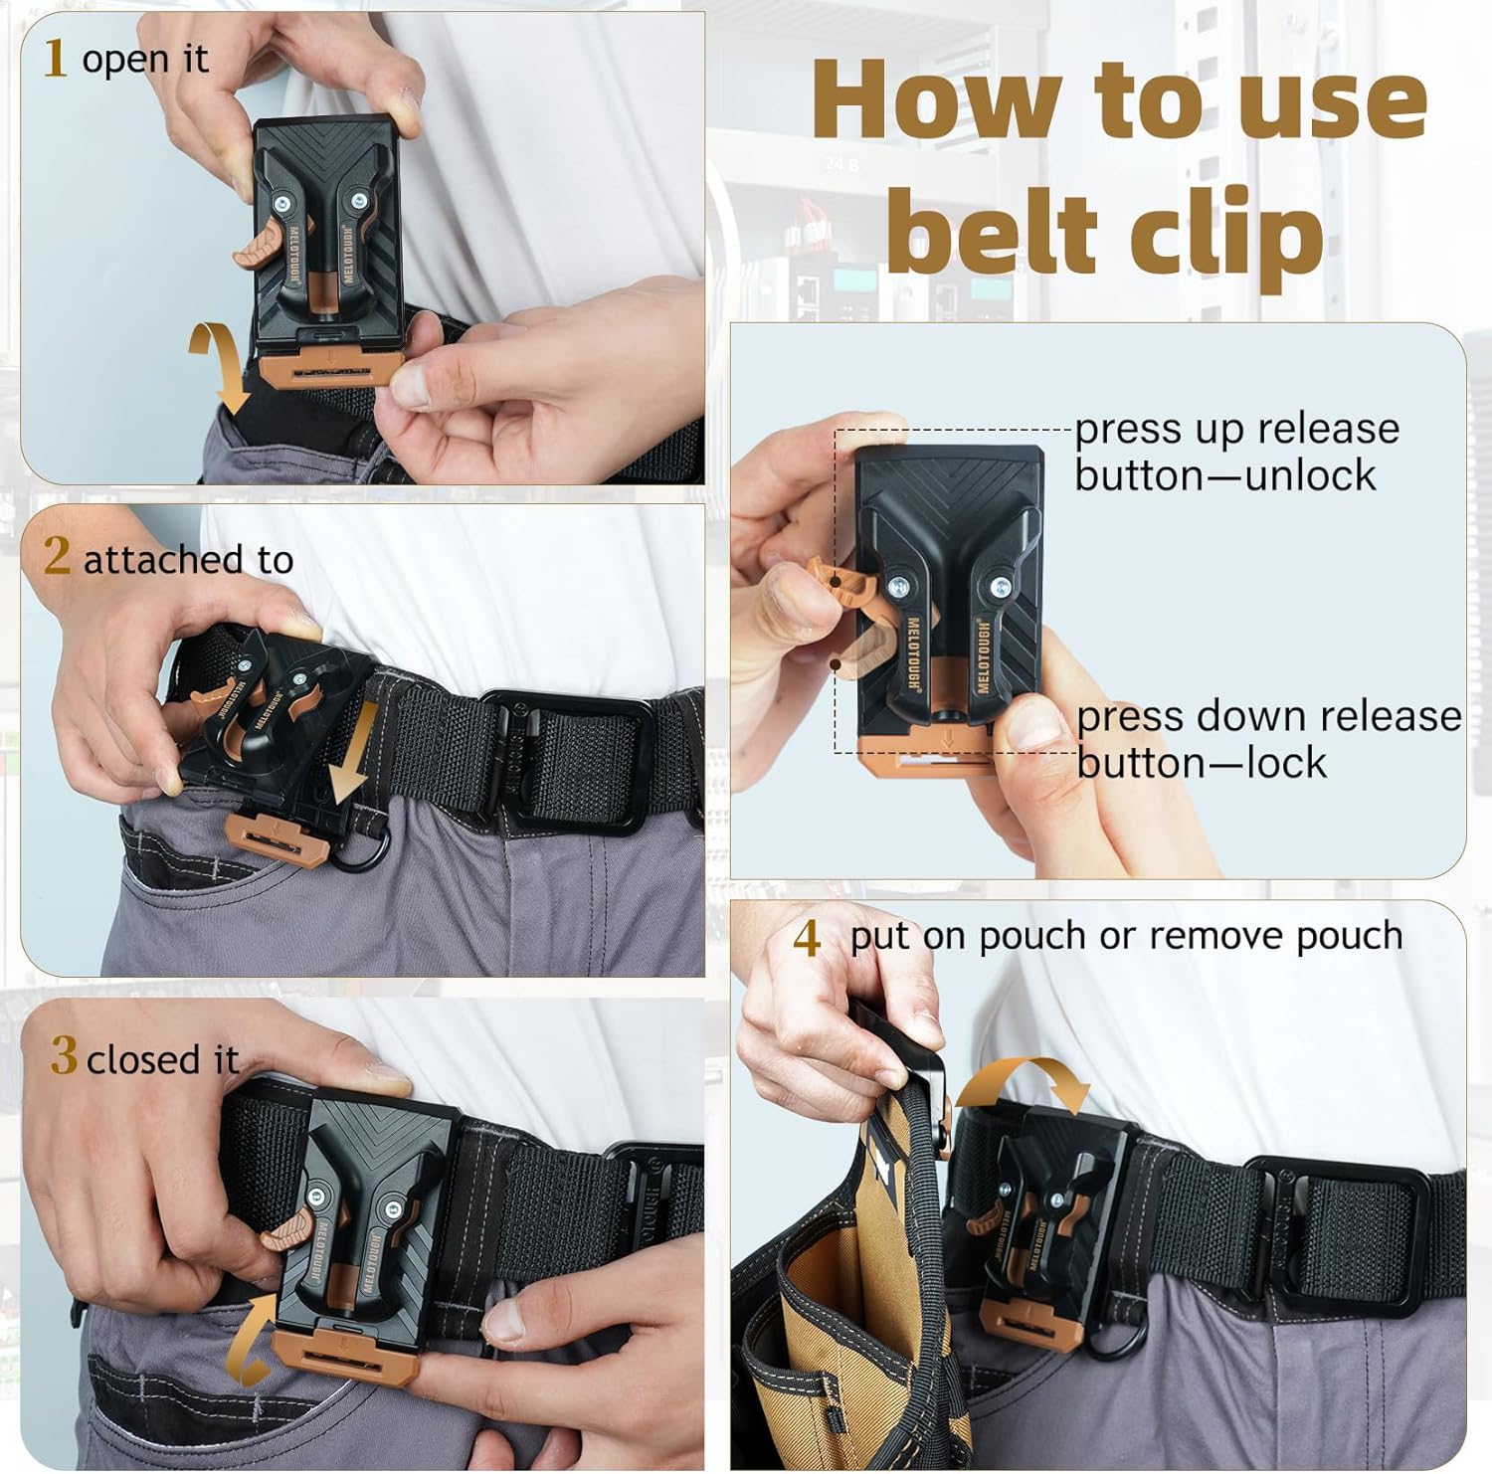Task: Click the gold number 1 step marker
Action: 55,58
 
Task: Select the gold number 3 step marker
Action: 64,1055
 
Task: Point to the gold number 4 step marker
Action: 807,938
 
